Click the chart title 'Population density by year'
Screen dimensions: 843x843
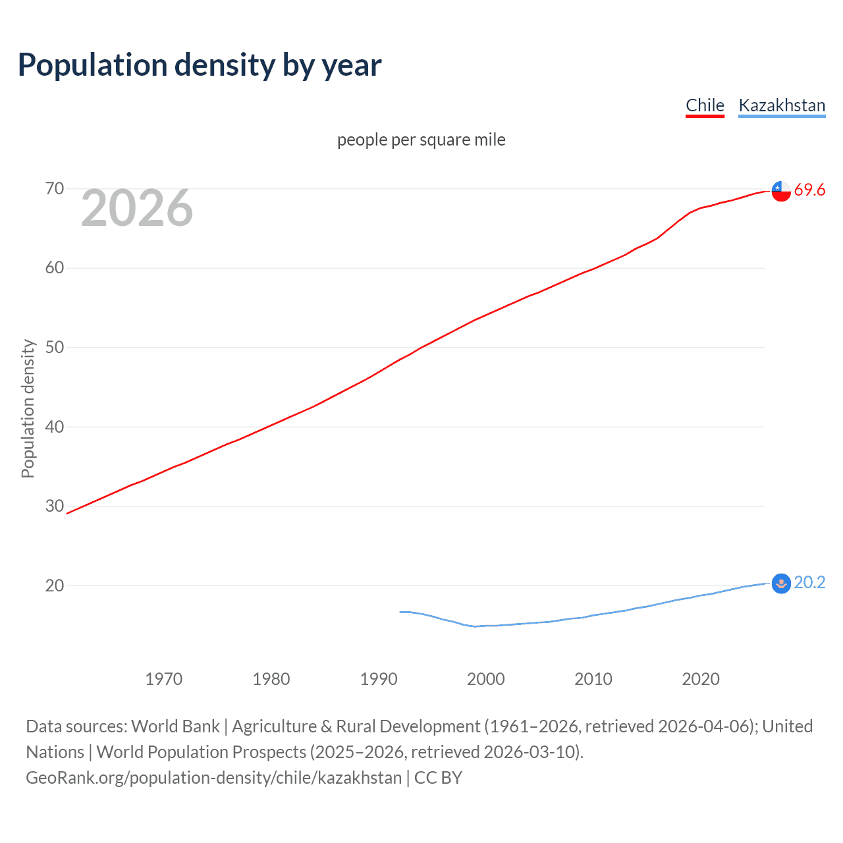(x=200, y=65)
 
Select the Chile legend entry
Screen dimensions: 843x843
(x=705, y=105)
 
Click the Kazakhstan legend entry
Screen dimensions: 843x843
(x=782, y=105)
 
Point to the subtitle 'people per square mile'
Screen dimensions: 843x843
(x=421, y=140)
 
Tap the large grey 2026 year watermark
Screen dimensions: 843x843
(x=137, y=209)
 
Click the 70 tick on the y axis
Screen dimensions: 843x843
(x=55, y=189)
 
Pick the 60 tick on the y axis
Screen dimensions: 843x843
(x=55, y=268)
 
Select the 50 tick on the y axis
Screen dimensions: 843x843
(x=55, y=347)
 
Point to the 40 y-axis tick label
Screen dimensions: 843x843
(x=55, y=427)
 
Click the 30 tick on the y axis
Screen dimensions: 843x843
(x=55, y=506)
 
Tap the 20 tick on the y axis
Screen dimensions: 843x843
(x=55, y=585)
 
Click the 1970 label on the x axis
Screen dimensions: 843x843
(x=164, y=679)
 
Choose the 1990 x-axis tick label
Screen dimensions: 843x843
(x=379, y=679)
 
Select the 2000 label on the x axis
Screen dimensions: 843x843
(x=486, y=679)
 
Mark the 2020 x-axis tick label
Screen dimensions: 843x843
(x=701, y=679)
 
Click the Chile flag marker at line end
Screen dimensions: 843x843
(x=781, y=191)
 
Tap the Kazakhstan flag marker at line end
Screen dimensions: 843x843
(x=781, y=584)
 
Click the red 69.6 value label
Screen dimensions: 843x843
(x=809, y=190)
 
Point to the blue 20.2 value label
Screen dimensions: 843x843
(x=809, y=583)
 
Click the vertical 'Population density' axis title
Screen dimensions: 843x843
(x=28, y=408)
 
